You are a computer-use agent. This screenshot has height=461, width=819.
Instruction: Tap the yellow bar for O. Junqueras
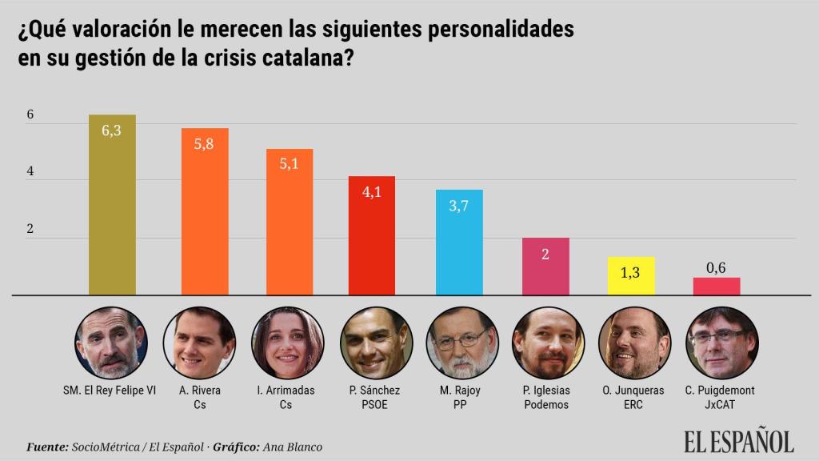pos(631,276)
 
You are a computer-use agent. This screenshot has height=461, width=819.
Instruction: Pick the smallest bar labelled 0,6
pos(717,287)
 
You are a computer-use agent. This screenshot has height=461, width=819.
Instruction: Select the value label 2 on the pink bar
pos(545,254)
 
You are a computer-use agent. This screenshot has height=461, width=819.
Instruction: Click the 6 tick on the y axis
pos(30,114)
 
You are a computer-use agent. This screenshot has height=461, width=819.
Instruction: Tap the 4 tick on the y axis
pos(30,172)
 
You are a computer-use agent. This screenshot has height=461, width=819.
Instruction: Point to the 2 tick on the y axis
pos(30,229)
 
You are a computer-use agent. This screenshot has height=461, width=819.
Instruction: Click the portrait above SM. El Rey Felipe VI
pos(110,344)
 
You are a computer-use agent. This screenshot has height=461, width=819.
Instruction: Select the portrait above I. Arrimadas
pos(288,344)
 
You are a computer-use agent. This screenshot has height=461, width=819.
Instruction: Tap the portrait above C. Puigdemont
pos(722,344)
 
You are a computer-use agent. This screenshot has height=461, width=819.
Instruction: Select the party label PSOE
pos(374,404)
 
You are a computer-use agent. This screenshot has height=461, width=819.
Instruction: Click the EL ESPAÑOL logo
pos(738,441)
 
